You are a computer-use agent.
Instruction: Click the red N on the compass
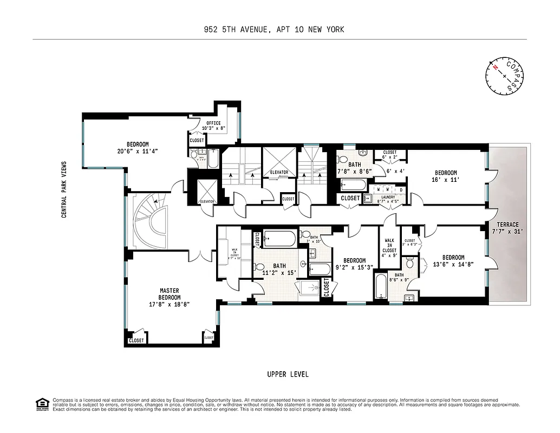pos(494,67)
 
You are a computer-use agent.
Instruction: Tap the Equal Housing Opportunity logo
pos(41,404)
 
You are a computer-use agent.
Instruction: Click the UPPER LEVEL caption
pos(288,375)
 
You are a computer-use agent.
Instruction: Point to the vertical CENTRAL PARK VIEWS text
pos(64,189)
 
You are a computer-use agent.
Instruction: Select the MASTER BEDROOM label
pos(170,297)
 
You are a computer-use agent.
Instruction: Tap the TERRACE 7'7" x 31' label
pos(507,228)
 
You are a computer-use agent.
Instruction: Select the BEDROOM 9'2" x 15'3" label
pos(354,264)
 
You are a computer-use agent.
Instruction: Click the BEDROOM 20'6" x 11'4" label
pos(138,148)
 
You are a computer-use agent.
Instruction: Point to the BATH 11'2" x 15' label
pos(279,270)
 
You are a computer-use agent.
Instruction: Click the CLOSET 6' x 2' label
pos(389,154)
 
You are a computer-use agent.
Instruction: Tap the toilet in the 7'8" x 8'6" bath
pos(343,160)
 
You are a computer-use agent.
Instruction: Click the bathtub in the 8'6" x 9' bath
pos(381,286)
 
